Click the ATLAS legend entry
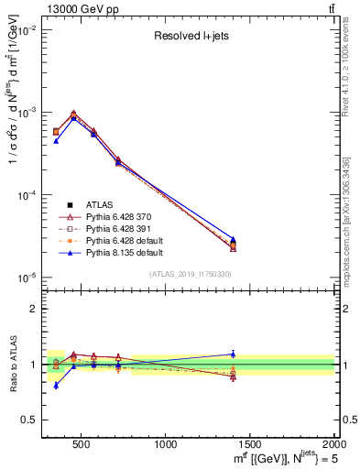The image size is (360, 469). tap(98, 204)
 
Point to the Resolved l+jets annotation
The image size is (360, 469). tap(190, 38)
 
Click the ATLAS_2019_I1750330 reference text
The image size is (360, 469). tap(190, 274)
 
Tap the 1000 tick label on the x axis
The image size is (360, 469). tap(166, 444)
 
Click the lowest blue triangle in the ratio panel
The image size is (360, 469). tap(56, 386)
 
